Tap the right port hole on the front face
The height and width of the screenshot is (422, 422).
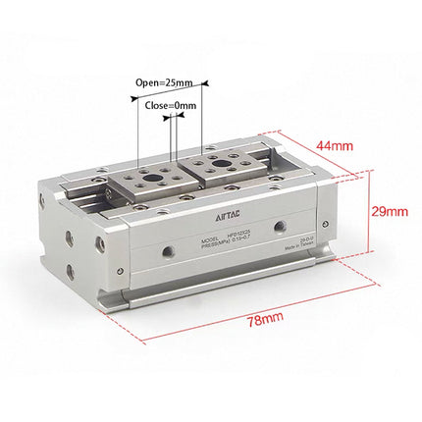pos(281,227)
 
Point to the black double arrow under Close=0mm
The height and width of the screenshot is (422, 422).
pos(171,118)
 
